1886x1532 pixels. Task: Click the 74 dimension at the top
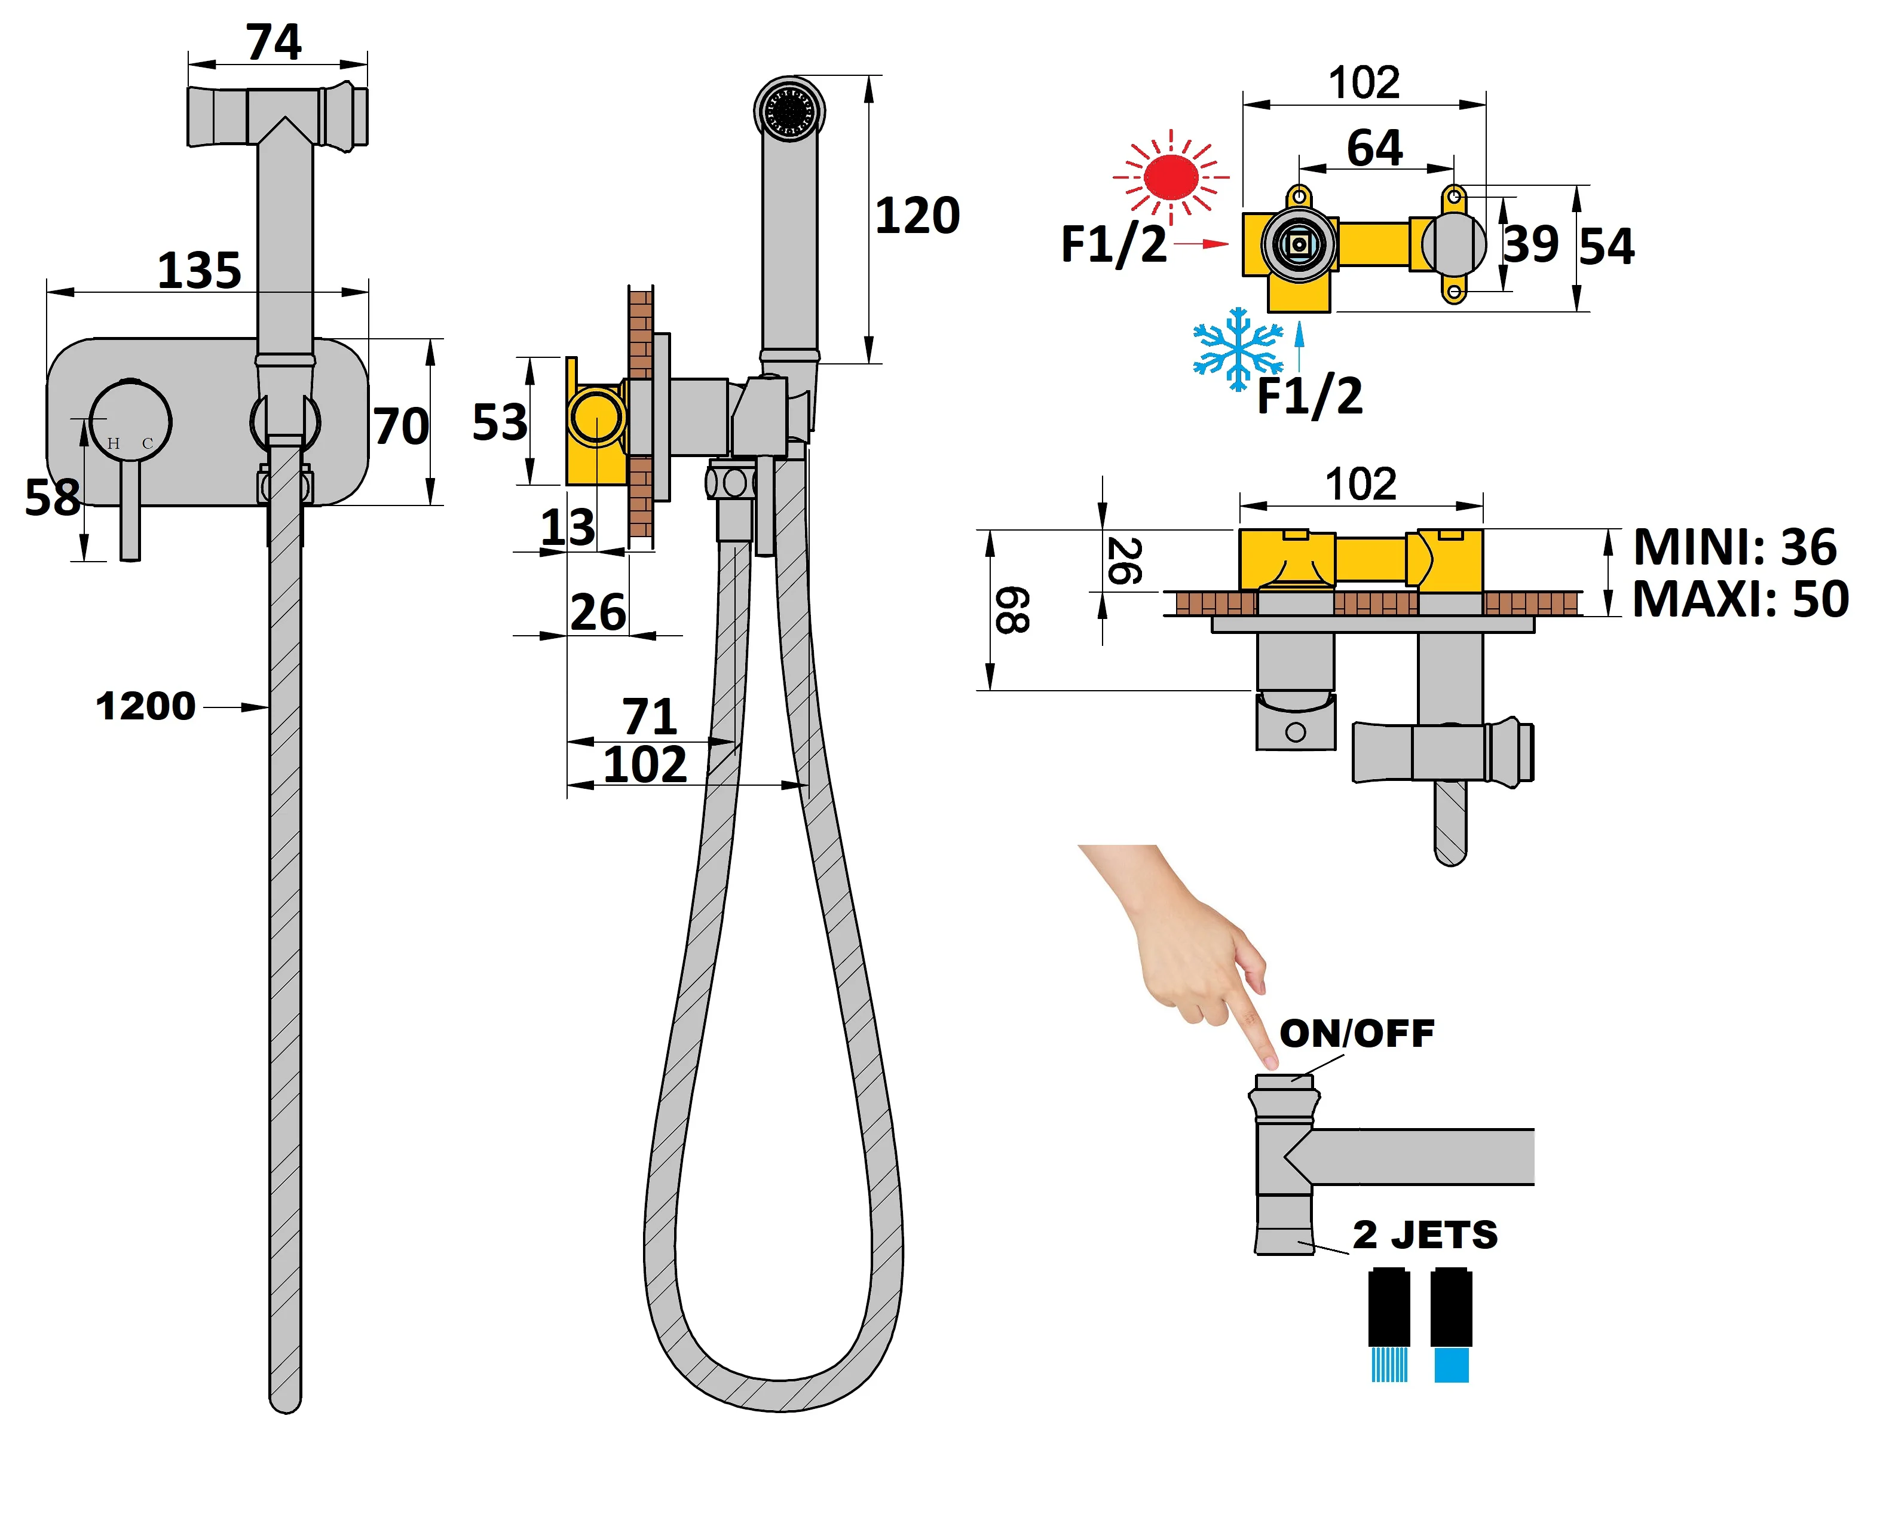274,42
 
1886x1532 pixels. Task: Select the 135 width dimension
200,270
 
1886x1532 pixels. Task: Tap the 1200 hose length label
146,706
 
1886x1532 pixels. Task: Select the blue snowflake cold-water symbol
1238,348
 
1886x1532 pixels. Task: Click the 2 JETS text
1425,1234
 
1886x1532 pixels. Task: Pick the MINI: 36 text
1734,547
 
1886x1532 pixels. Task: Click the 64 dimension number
1374,148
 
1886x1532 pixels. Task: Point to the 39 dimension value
1531,244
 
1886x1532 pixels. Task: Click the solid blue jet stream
1451,1364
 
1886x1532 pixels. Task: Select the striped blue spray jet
1388,1364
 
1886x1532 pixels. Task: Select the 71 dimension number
650,716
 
